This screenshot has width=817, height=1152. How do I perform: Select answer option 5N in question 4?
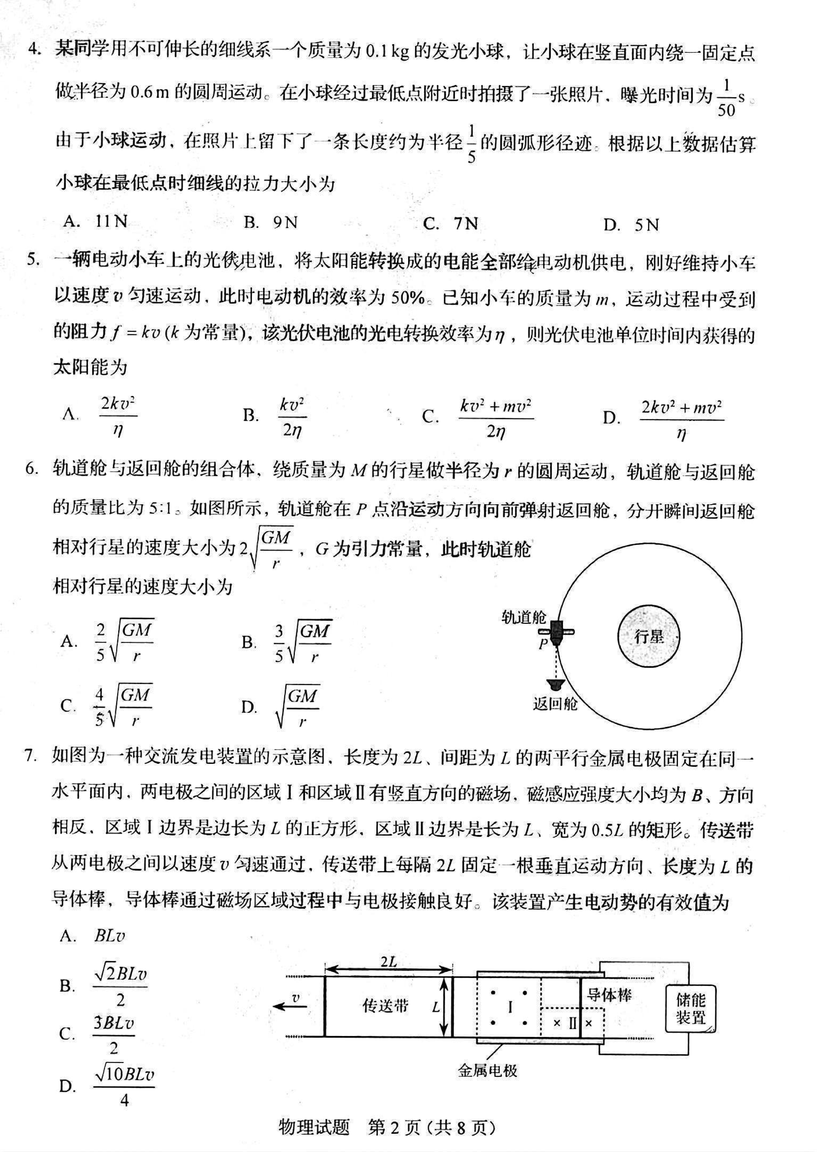[x=646, y=224]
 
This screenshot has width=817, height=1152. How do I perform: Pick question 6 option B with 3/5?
[x=302, y=642]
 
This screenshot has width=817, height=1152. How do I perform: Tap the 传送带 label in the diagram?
[x=385, y=1006]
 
